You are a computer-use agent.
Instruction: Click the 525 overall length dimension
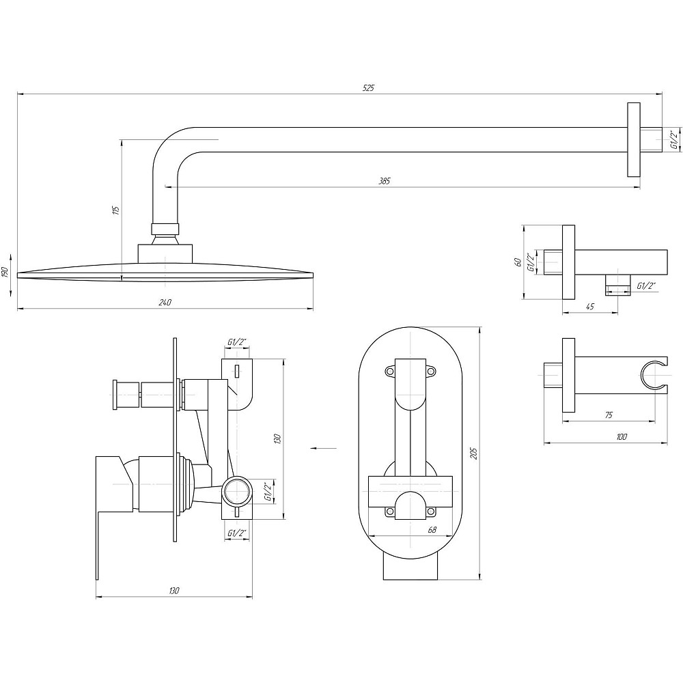pyautogui.click(x=368, y=88)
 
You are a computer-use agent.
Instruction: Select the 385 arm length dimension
pyautogui.click(x=384, y=181)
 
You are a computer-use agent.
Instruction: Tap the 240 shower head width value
pyautogui.click(x=165, y=303)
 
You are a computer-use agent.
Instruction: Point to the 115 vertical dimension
pyautogui.click(x=115, y=210)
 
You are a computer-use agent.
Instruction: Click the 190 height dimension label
pyautogui.click(x=5, y=273)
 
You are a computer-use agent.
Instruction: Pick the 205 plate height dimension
pyautogui.click(x=474, y=453)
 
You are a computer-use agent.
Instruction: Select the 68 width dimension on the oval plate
pyautogui.click(x=432, y=530)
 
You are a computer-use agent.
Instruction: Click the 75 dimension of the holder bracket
pyautogui.click(x=609, y=415)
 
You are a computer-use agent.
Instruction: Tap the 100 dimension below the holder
pyautogui.click(x=622, y=437)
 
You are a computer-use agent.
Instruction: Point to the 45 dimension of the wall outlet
pyautogui.click(x=590, y=307)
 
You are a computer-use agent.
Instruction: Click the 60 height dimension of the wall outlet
pyautogui.click(x=518, y=262)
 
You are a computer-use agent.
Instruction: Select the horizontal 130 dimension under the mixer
pyautogui.click(x=173, y=591)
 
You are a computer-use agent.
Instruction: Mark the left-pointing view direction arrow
pyautogui.click(x=324, y=448)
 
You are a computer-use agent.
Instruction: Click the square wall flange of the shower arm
pyautogui.click(x=633, y=140)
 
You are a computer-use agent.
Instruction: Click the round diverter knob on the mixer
pyautogui.click(x=117, y=395)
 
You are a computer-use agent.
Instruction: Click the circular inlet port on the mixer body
pyautogui.click(x=236, y=491)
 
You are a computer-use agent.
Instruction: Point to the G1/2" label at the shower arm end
pyautogui.click(x=674, y=140)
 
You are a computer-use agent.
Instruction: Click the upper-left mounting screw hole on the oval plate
pyautogui.click(x=389, y=372)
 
